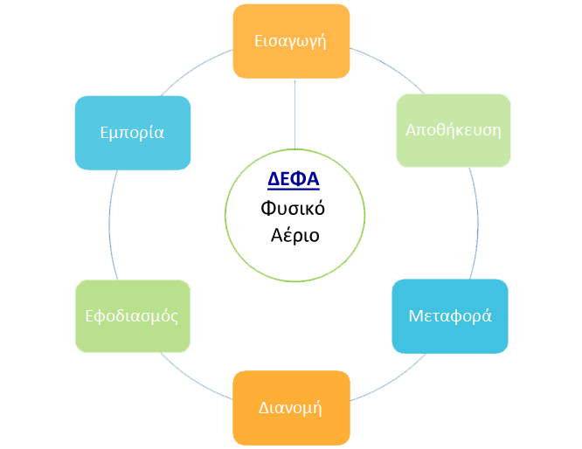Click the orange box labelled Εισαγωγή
point(291,40)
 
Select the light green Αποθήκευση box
point(453,130)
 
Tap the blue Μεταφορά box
point(450,316)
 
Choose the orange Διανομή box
point(291,407)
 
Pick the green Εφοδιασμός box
point(133,316)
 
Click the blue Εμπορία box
point(132,133)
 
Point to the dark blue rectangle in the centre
point(294,180)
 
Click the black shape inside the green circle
point(292,222)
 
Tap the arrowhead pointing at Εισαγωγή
point(294,83)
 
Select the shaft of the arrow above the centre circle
point(294,118)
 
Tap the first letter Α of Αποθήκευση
point(411,130)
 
